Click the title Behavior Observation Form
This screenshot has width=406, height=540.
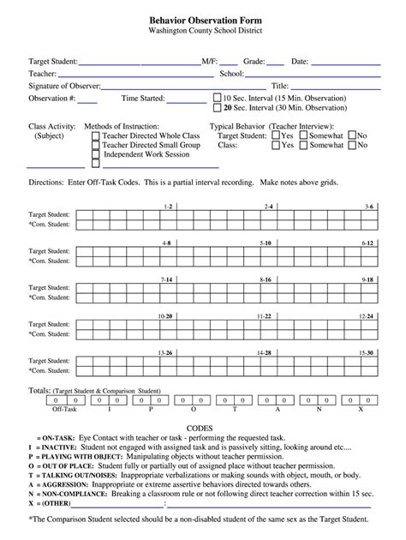click(x=202, y=19)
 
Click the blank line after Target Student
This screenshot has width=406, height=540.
click(x=140, y=63)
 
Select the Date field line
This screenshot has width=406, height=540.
click(x=349, y=63)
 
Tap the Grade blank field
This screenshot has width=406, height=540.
click(x=275, y=63)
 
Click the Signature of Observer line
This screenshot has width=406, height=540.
click(x=184, y=87)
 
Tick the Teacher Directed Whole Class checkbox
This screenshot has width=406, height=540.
click(x=96, y=136)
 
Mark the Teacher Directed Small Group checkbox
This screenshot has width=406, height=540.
click(x=96, y=147)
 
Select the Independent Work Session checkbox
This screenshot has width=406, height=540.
click(x=96, y=157)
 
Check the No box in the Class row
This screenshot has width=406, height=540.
click(x=350, y=146)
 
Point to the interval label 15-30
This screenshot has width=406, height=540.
click(x=367, y=353)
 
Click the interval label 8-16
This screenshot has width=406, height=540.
click(x=267, y=280)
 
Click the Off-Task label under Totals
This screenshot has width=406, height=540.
click(x=65, y=410)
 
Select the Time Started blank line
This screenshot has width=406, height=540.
click(x=187, y=99)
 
